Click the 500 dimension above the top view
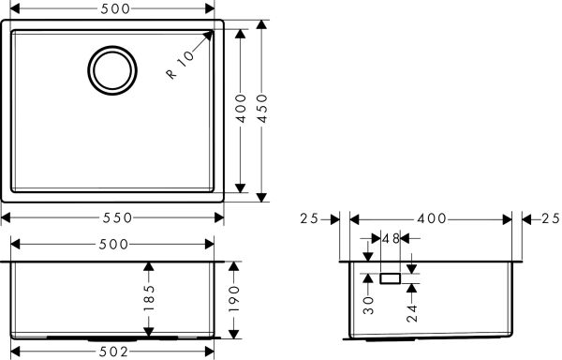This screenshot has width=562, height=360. pos(114,10)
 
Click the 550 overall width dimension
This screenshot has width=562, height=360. pos(115,217)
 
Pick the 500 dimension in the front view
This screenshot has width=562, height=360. pos(113,244)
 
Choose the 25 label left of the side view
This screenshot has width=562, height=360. pos(310,218)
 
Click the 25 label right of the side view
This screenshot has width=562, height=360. pos(550,218)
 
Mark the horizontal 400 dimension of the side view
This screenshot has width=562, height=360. pos(431,218)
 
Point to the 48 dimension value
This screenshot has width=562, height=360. pos(391,239)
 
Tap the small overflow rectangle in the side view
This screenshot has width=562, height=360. pos(391,277)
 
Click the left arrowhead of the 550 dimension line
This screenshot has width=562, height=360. pos(7,217)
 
